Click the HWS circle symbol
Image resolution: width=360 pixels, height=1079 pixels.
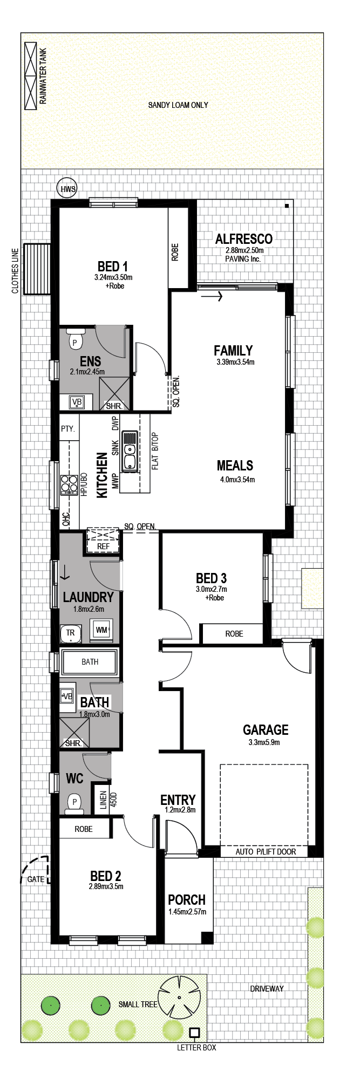click(x=67, y=188)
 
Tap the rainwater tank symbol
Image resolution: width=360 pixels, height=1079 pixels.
click(x=31, y=76)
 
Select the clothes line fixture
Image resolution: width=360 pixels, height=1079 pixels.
click(x=37, y=269)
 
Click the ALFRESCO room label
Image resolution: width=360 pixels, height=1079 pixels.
click(x=244, y=239)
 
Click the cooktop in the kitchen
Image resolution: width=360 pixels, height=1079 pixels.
click(x=69, y=484)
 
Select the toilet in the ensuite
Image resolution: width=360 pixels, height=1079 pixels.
click(x=74, y=339)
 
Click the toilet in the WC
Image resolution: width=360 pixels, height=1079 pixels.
click(x=74, y=804)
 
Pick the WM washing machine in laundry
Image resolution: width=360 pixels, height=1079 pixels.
click(x=101, y=630)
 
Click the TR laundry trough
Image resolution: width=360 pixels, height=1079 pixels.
click(x=70, y=633)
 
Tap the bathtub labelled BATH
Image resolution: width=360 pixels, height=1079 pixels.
click(x=90, y=662)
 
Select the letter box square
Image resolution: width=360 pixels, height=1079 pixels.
click(x=194, y=1033)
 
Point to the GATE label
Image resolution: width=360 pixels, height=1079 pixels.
click(x=36, y=879)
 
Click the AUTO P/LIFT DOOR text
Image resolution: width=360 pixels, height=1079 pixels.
click(x=266, y=851)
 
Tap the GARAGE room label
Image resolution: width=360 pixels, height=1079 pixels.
click(x=266, y=730)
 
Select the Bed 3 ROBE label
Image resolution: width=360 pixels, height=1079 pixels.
click(x=234, y=634)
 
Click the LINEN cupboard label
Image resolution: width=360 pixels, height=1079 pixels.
click(x=104, y=800)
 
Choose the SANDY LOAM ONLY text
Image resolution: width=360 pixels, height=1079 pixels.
click(x=178, y=105)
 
